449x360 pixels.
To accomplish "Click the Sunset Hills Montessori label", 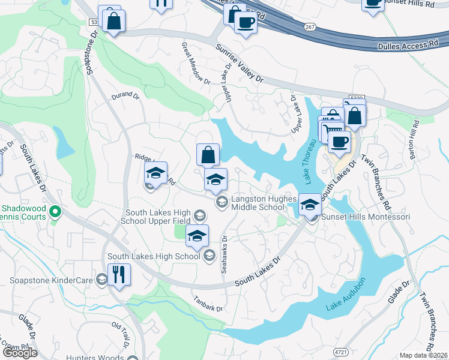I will point(366,217).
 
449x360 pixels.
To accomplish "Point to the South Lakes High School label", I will point(154,256).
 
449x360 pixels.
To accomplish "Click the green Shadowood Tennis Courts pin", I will point(55,211).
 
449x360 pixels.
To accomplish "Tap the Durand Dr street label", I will point(125,95).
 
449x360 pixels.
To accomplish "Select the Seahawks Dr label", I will point(224,254).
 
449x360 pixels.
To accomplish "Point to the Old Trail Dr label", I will point(121,334).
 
